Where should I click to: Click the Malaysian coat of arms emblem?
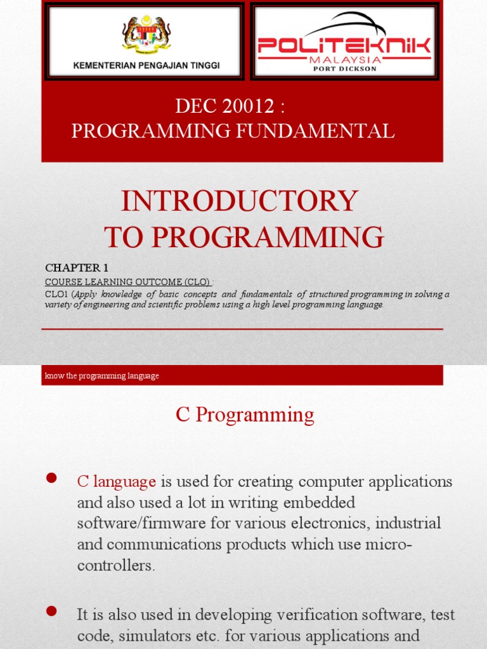point(146,34)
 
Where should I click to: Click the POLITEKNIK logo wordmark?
point(345,46)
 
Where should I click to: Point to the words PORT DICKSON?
point(345,68)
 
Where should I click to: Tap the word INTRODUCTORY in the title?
point(239,202)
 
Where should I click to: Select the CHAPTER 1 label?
point(72,268)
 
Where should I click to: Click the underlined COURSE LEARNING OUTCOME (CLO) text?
point(127,281)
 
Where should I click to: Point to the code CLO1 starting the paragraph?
point(56,294)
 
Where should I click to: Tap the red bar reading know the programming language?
point(242,376)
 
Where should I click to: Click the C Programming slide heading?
point(245,415)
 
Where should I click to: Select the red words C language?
point(116,482)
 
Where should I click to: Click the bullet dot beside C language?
point(52,478)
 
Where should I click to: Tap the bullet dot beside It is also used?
point(52,611)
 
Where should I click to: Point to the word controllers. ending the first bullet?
point(116,566)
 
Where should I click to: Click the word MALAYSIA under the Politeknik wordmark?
point(345,59)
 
